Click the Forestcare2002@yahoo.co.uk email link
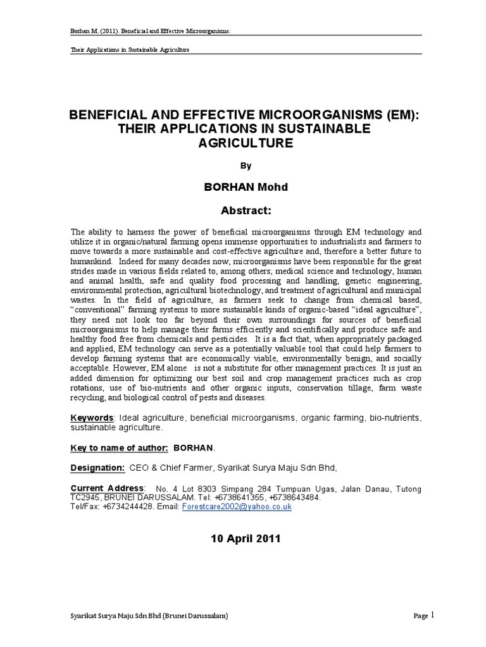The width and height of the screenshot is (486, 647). coord(237,507)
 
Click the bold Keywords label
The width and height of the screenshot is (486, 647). coord(92,418)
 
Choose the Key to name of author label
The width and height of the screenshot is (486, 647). coord(118,447)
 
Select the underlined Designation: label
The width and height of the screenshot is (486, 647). coord(97,468)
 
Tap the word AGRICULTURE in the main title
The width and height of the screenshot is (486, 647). coord(243,143)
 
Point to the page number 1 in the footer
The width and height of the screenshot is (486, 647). coord(433,615)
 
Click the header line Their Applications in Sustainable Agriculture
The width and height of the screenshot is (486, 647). coord(130,49)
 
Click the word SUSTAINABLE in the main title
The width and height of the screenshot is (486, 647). coord(318,130)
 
